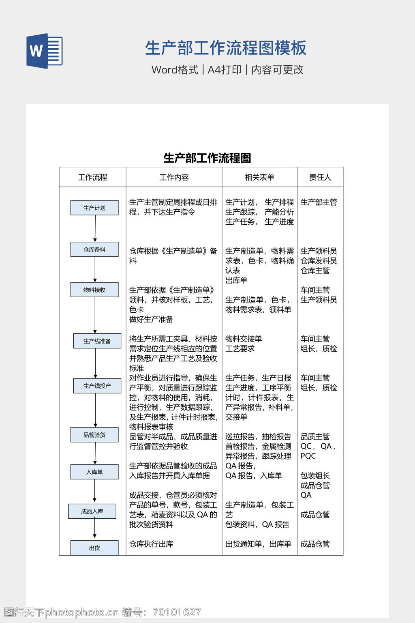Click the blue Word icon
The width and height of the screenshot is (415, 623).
[44, 51]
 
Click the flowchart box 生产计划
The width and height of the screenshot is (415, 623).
[94, 208]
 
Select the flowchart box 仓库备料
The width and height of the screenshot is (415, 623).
[94, 249]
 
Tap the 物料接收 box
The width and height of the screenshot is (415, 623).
[94, 290]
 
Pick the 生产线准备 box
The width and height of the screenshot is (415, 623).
[97, 341]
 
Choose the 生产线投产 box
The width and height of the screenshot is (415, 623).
[97, 386]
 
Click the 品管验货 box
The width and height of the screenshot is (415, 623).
[94, 435]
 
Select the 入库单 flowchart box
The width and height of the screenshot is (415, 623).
[94, 472]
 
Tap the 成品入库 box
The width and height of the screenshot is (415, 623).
[92, 511]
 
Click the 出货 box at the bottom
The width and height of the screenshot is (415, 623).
[94, 548]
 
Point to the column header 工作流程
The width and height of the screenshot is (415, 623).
[92, 177]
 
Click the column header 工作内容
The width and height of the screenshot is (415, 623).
[174, 177]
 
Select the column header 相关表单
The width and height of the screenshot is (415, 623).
[259, 177]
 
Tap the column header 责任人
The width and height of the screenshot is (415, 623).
[320, 177]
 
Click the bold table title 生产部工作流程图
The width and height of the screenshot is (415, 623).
[207, 158]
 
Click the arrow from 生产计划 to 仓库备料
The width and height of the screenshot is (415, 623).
[95, 228]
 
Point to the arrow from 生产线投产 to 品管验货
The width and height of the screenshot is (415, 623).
[96, 410]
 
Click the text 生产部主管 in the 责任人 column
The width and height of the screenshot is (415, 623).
[319, 202]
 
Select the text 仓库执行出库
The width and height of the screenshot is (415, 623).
[151, 544]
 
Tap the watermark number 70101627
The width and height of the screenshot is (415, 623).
[177, 612]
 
